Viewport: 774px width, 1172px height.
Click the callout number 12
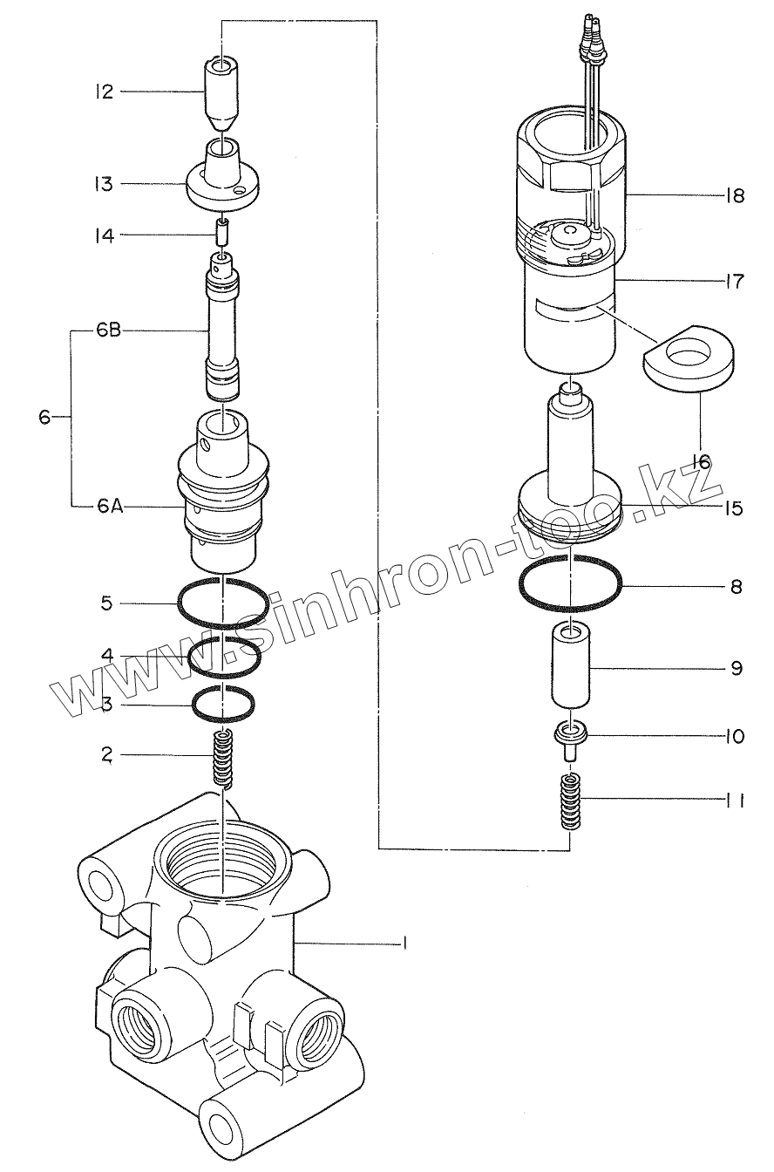click(105, 91)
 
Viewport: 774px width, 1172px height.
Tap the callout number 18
click(734, 195)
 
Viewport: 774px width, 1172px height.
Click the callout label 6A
click(110, 505)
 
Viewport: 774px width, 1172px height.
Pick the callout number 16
click(700, 460)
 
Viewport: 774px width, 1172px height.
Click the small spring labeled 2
click(225, 757)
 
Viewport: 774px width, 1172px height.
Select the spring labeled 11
click(570, 800)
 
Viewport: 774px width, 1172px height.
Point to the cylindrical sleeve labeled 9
click(570, 667)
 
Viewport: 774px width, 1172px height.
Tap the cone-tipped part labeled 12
click(224, 92)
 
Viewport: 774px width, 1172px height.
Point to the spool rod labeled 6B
click(224, 327)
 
